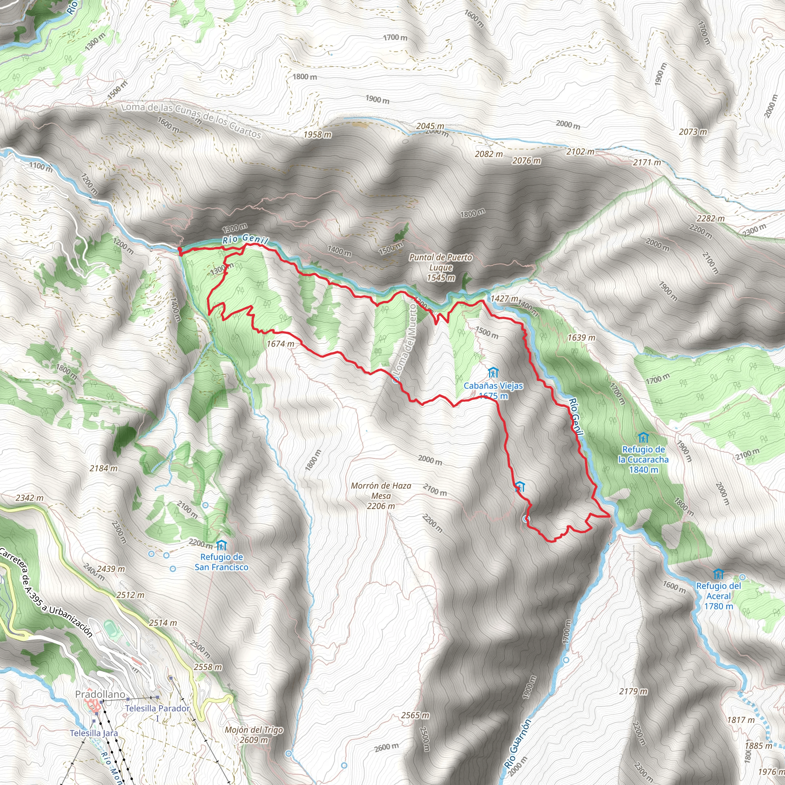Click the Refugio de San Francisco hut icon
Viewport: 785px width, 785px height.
221,545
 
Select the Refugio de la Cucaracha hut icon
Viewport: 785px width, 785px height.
643,438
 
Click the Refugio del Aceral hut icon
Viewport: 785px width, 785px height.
718,574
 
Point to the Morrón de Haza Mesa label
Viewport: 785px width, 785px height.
381,496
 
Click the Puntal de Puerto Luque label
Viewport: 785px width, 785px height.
440,268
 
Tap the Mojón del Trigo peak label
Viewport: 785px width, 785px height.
254,735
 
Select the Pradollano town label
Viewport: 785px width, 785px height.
100,694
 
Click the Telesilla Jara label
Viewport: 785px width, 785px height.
94,733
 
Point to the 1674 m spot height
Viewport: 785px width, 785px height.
280,344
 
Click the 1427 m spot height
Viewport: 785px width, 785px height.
504,299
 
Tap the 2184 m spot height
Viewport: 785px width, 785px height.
103,468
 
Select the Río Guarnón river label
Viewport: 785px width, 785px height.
518,743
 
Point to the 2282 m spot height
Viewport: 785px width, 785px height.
710,218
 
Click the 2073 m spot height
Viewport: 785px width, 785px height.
693,131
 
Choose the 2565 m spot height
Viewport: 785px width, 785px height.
415,715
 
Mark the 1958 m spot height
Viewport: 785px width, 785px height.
317,135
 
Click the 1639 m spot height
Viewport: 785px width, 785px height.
581,338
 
